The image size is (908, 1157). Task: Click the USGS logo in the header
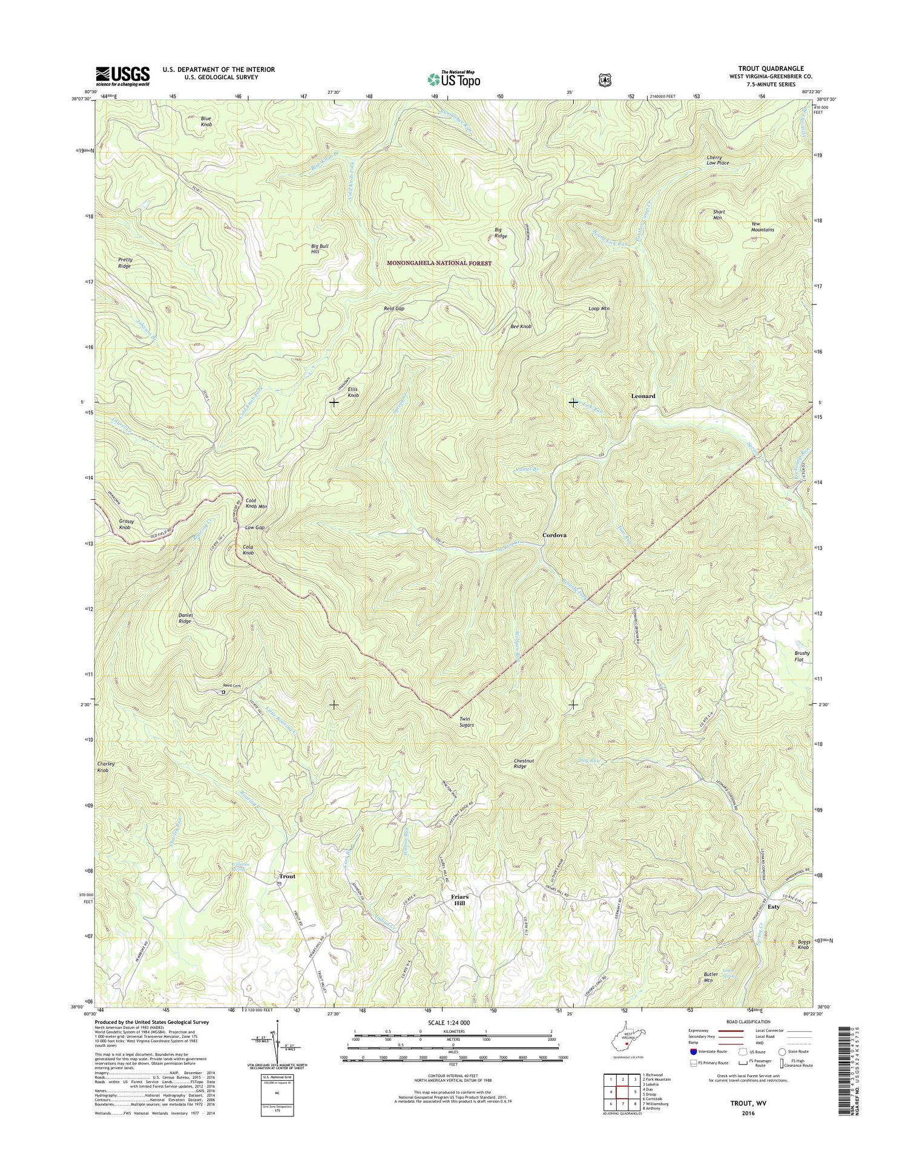(x=123, y=75)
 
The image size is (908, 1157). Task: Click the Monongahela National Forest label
(x=439, y=263)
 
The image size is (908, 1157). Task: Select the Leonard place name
(x=643, y=396)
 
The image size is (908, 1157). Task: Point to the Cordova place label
(x=554, y=536)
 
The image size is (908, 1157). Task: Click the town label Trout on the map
(x=287, y=876)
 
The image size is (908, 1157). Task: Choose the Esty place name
(x=773, y=907)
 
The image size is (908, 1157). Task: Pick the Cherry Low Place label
(x=717, y=160)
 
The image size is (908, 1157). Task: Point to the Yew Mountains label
(x=762, y=226)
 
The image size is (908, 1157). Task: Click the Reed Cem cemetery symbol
(x=223, y=692)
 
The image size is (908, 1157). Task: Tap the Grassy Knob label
(x=127, y=524)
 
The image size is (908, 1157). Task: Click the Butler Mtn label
(x=711, y=994)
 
